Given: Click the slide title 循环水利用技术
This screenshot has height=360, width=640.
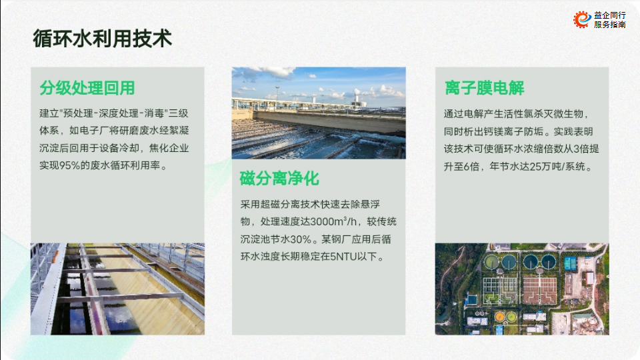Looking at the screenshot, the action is click(x=103, y=39).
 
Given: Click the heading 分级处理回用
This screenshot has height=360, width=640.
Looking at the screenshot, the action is click(x=87, y=88).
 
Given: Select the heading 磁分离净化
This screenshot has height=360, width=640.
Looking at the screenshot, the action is click(x=279, y=179).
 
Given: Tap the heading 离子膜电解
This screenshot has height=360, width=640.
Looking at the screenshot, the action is click(x=484, y=88).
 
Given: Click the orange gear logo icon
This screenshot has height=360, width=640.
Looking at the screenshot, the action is click(x=582, y=19).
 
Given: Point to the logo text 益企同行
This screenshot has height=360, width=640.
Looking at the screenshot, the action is click(x=610, y=15).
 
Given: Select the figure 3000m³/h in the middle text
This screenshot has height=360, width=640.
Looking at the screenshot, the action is click(x=333, y=221).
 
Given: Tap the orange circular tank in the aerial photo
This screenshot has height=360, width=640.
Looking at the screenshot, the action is click(x=499, y=316).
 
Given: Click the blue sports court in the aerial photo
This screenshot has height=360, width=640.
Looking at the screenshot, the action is click(x=570, y=264).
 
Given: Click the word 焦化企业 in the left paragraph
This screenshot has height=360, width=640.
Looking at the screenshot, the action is click(x=169, y=148).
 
